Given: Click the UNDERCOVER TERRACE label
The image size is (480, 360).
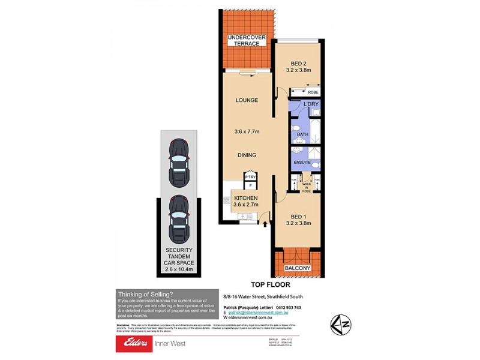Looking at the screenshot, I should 247,41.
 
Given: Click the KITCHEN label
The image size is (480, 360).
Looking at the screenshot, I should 245,197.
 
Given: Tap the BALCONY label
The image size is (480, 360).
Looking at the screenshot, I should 298,268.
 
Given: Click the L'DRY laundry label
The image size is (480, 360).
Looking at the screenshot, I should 311,104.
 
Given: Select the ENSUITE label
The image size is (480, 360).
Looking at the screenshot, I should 302,162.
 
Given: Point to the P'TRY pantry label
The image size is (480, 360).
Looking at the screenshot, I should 250,177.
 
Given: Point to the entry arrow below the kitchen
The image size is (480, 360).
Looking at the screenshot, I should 265,224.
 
